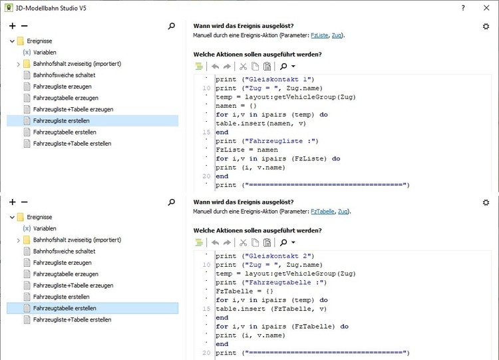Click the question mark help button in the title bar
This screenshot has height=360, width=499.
(x=463, y=7)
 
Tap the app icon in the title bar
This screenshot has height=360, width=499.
(x=9, y=8)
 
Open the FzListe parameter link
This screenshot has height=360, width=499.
(x=319, y=35)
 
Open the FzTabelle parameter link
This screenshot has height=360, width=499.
(x=321, y=212)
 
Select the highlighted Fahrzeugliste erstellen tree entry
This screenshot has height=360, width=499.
(x=61, y=120)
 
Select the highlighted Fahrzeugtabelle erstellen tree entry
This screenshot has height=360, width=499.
(x=64, y=308)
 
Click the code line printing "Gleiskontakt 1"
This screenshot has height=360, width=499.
(x=264, y=79)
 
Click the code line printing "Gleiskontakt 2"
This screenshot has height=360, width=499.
(x=264, y=256)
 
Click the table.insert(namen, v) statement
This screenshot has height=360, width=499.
(x=261, y=123)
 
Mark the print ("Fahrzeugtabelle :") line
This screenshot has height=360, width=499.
(x=271, y=282)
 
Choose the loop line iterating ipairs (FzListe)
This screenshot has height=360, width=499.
(x=277, y=158)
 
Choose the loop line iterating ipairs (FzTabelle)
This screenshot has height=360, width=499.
(x=282, y=326)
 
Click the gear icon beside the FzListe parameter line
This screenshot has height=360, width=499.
(x=486, y=26)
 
